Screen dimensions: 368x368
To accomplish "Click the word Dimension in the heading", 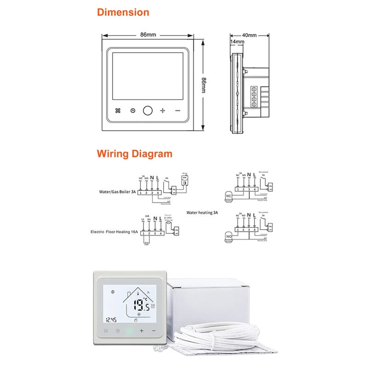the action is tap(123, 12).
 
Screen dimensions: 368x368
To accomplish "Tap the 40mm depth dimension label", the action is tap(249, 35).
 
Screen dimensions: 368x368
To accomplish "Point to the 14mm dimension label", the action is tap(237, 41).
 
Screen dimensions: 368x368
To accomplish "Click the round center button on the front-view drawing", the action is tap(148, 110).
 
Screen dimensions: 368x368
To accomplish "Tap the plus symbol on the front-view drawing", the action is tap(162, 110).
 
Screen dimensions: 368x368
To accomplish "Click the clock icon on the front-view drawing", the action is tap(133, 110).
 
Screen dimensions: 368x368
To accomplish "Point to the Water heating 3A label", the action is tap(202, 213).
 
